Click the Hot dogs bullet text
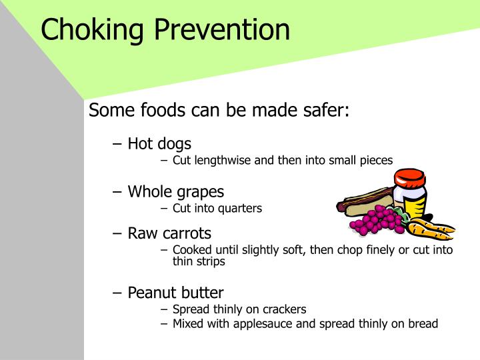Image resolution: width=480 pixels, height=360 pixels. coord(159,143)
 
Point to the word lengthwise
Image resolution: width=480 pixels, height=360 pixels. coord(223,160)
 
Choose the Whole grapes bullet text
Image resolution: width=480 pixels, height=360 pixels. coord(176,192)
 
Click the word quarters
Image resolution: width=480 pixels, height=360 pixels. coord(240,208)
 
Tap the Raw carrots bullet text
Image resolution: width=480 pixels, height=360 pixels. coord(169,233)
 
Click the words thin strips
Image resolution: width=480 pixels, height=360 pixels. coord(199,262)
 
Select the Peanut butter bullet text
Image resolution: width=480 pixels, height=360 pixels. coord(175,293)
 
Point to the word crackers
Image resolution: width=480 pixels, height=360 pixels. coord(283,309)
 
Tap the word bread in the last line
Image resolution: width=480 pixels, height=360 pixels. coord(423,324)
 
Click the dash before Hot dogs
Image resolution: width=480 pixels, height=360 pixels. coord(117,143)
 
